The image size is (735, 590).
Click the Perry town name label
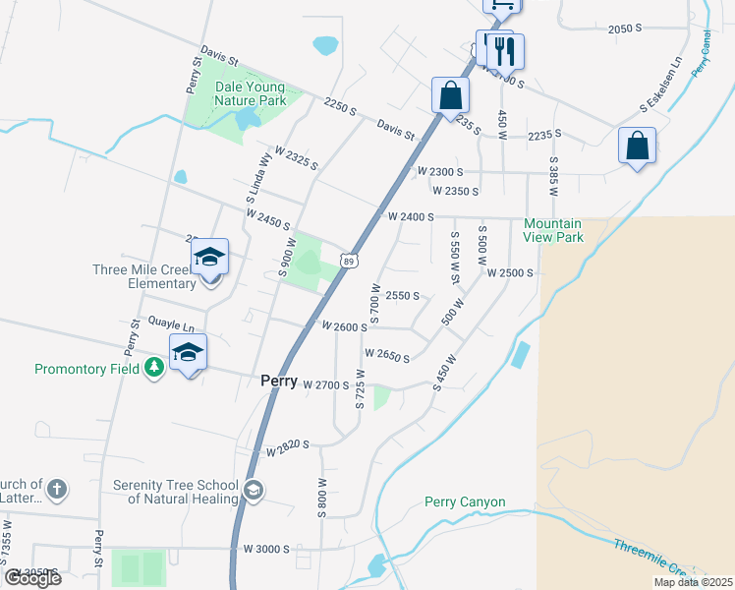pyautogui.click(x=278, y=381)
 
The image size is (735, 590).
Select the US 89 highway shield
pyautogui.click(x=350, y=260)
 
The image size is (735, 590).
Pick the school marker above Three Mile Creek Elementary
pyautogui.click(x=209, y=258)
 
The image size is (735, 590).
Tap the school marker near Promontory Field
pyautogui.click(x=188, y=352)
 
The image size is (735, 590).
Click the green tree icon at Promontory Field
pyautogui.click(x=153, y=368)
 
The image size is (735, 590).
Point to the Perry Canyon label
pyautogui.click(x=465, y=502)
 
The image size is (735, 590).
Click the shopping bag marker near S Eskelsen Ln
pyautogui.click(x=637, y=146)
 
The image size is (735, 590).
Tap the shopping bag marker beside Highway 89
pyautogui.click(x=450, y=96)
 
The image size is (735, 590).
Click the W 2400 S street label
pyautogui.click(x=411, y=216)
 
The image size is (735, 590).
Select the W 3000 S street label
pyautogui.click(x=266, y=549)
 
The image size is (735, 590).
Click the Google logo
pyautogui.click(x=32, y=578)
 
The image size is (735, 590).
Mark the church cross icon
pyautogui.click(x=57, y=489)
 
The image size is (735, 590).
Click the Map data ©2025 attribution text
pyautogui.click(x=693, y=582)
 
